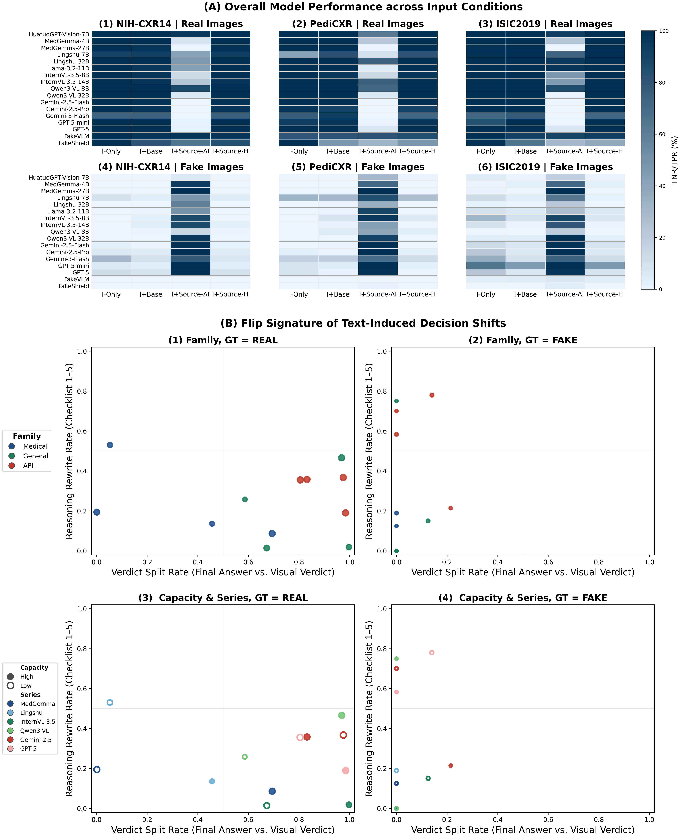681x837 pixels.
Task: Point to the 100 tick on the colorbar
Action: (x=664, y=31)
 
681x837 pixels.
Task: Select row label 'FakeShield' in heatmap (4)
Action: (x=74, y=286)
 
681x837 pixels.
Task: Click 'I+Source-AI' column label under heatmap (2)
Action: (x=378, y=151)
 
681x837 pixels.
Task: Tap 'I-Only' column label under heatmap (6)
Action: (x=486, y=294)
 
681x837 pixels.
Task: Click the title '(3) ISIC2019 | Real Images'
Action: (x=545, y=24)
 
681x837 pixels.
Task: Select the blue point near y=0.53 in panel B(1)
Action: (x=110, y=445)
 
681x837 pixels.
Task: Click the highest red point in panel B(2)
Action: (x=432, y=395)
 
